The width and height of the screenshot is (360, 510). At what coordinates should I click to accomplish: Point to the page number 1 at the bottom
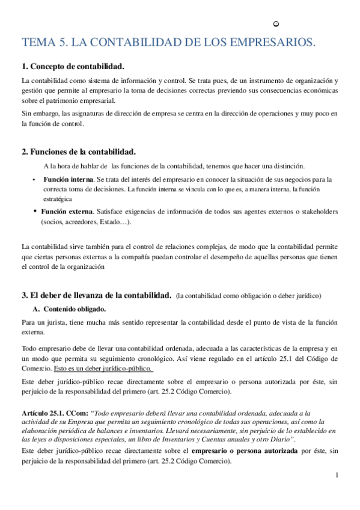tap(337, 475)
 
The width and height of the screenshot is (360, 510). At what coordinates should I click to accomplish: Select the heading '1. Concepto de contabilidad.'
tap(73, 66)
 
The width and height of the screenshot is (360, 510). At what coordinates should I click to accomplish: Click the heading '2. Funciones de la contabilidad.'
tap(78, 151)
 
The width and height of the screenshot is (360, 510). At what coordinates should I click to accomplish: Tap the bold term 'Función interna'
tap(68, 179)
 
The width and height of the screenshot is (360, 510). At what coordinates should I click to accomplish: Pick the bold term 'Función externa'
tap(67, 212)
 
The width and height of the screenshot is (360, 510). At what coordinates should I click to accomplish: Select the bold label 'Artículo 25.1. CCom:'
tap(53, 414)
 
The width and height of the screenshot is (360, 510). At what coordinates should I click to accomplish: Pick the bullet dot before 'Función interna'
tap(33, 179)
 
